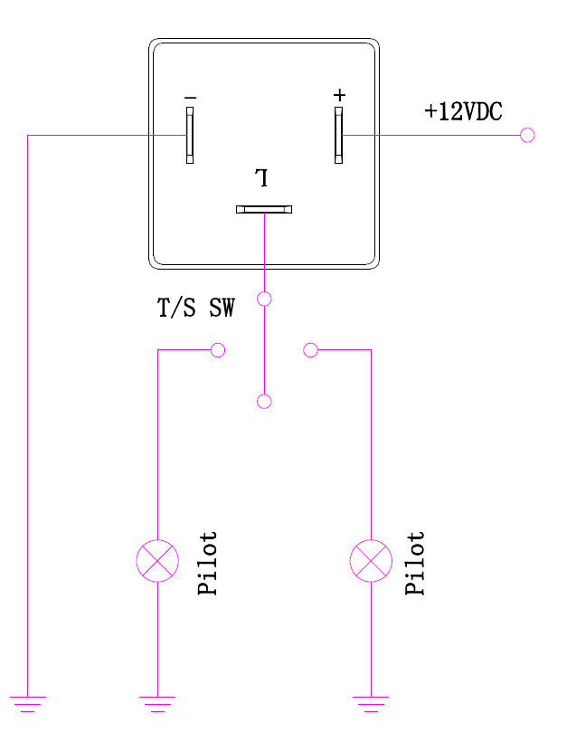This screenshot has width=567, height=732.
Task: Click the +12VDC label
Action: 463,112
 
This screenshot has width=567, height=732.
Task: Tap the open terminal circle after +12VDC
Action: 528,136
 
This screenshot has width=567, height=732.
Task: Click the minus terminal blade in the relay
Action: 190,136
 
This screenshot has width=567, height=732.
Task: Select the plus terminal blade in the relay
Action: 338,136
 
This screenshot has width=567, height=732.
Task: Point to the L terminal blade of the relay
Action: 264,209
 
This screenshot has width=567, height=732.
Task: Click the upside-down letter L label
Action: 262,176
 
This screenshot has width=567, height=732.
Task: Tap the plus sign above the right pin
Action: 339,95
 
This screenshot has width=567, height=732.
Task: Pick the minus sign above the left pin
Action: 190,97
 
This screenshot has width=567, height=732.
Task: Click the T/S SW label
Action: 196,309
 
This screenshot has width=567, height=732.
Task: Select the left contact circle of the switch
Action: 217,350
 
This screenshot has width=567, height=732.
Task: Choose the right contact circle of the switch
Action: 311,350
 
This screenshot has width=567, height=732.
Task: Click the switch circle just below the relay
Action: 264,299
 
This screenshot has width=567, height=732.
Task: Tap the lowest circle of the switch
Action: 264,401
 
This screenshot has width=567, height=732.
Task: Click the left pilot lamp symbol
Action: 157,561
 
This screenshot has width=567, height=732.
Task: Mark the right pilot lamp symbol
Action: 370,561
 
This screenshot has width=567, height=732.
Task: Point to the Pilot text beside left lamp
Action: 208,563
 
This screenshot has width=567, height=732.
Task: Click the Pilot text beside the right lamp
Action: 415,563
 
